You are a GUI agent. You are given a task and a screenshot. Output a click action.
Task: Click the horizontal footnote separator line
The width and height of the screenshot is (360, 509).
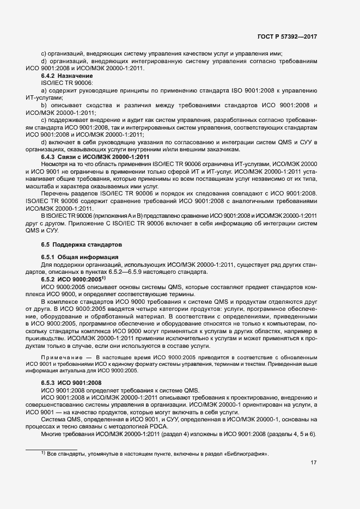pyautogui.click(x=52, y=449)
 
